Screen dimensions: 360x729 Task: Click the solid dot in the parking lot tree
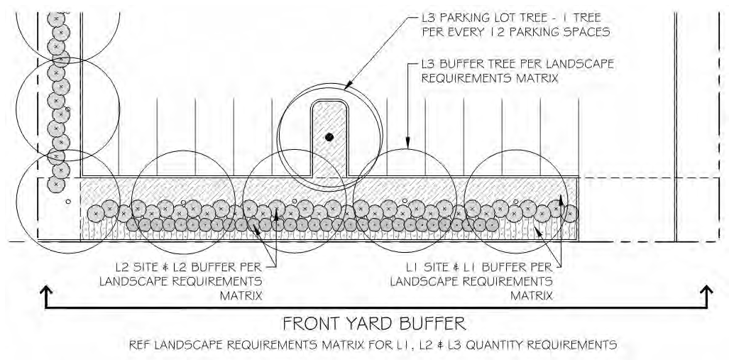[x=328, y=136]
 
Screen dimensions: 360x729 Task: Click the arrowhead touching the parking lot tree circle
[x=348, y=86]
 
